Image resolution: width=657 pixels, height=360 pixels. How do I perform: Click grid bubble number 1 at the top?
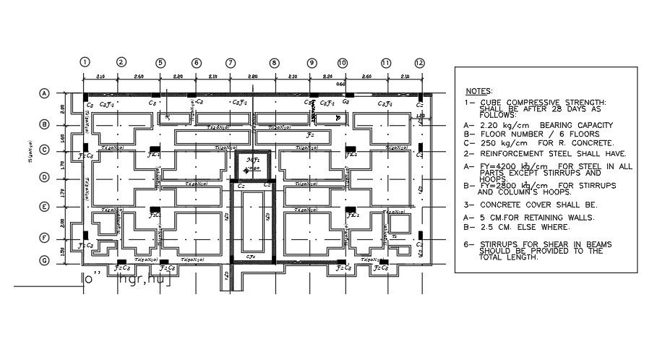tap(85, 62)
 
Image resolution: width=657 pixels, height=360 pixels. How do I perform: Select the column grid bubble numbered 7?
tap(231, 63)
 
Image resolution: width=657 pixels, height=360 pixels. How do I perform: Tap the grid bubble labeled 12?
tap(419, 63)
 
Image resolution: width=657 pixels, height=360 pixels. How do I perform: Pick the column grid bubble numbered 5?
tap(160, 63)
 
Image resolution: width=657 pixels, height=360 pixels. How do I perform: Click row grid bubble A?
tap(43, 94)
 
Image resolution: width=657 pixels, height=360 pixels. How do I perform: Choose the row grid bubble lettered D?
tap(43, 177)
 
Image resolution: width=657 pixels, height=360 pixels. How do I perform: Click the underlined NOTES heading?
tap(478, 92)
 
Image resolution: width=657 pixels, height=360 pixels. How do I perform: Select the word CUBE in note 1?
tap(491, 103)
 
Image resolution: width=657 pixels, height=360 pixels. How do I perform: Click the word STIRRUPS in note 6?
tap(503, 244)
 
